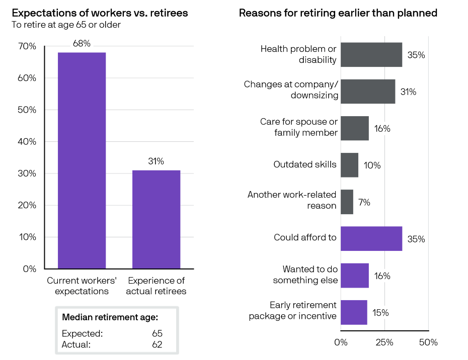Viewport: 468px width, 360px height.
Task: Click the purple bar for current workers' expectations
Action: pyautogui.click(x=82, y=160)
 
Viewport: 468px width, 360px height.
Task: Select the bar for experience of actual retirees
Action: pyautogui.click(x=156, y=219)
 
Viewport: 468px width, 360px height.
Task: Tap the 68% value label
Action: pyautogui.click(x=82, y=44)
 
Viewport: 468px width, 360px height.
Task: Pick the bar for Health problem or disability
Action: pyautogui.click(x=371, y=55)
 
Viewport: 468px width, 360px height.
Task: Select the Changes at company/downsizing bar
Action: pyautogui.click(x=368, y=92)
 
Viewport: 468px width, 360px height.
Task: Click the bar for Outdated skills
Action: pyautogui.click(x=349, y=165)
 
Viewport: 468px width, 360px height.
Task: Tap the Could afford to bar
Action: pyautogui.click(x=371, y=238)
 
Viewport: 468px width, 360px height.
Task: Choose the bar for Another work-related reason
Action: pyautogui.click(x=347, y=202)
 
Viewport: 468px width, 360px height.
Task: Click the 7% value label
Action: pyautogui.click(x=364, y=202)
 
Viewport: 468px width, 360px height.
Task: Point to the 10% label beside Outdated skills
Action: pyautogui.click(x=372, y=165)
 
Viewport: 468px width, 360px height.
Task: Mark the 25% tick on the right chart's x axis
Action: pyautogui.click(x=384, y=342)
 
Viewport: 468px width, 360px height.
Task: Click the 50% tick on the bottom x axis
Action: pyautogui.click(x=428, y=342)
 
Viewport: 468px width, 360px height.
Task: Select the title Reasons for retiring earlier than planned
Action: pyautogui.click(x=338, y=13)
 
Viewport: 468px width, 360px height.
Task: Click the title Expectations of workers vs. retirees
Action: pyautogui.click(x=100, y=13)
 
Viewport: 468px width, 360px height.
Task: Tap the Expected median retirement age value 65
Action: pyautogui.click(x=158, y=333)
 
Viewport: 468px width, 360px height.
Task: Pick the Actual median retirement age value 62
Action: pyautogui.click(x=158, y=344)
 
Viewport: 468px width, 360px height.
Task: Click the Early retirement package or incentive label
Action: pyautogui.click(x=292, y=311)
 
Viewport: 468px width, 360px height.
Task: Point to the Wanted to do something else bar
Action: pyautogui.click(x=354, y=275)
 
